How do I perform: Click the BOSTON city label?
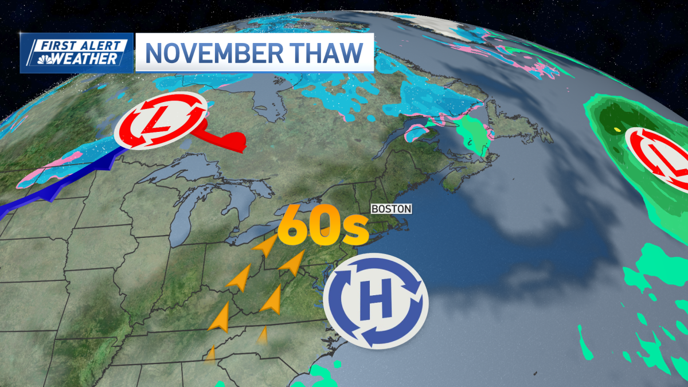tap(392, 209)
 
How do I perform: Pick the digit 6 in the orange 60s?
tap(295, 226)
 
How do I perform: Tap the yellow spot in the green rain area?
tap(617, 130)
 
